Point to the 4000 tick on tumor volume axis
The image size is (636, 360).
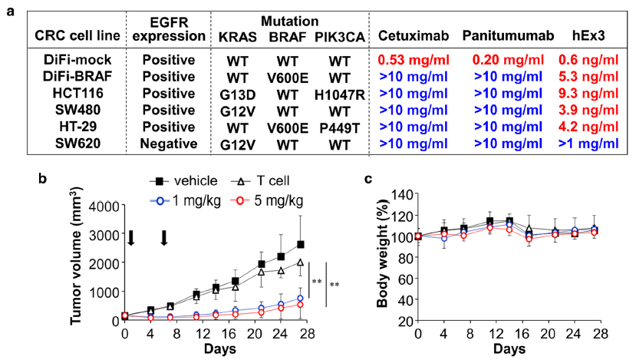point(105,205)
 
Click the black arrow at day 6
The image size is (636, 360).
point(164,238)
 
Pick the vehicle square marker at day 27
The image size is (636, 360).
point(301,245)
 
